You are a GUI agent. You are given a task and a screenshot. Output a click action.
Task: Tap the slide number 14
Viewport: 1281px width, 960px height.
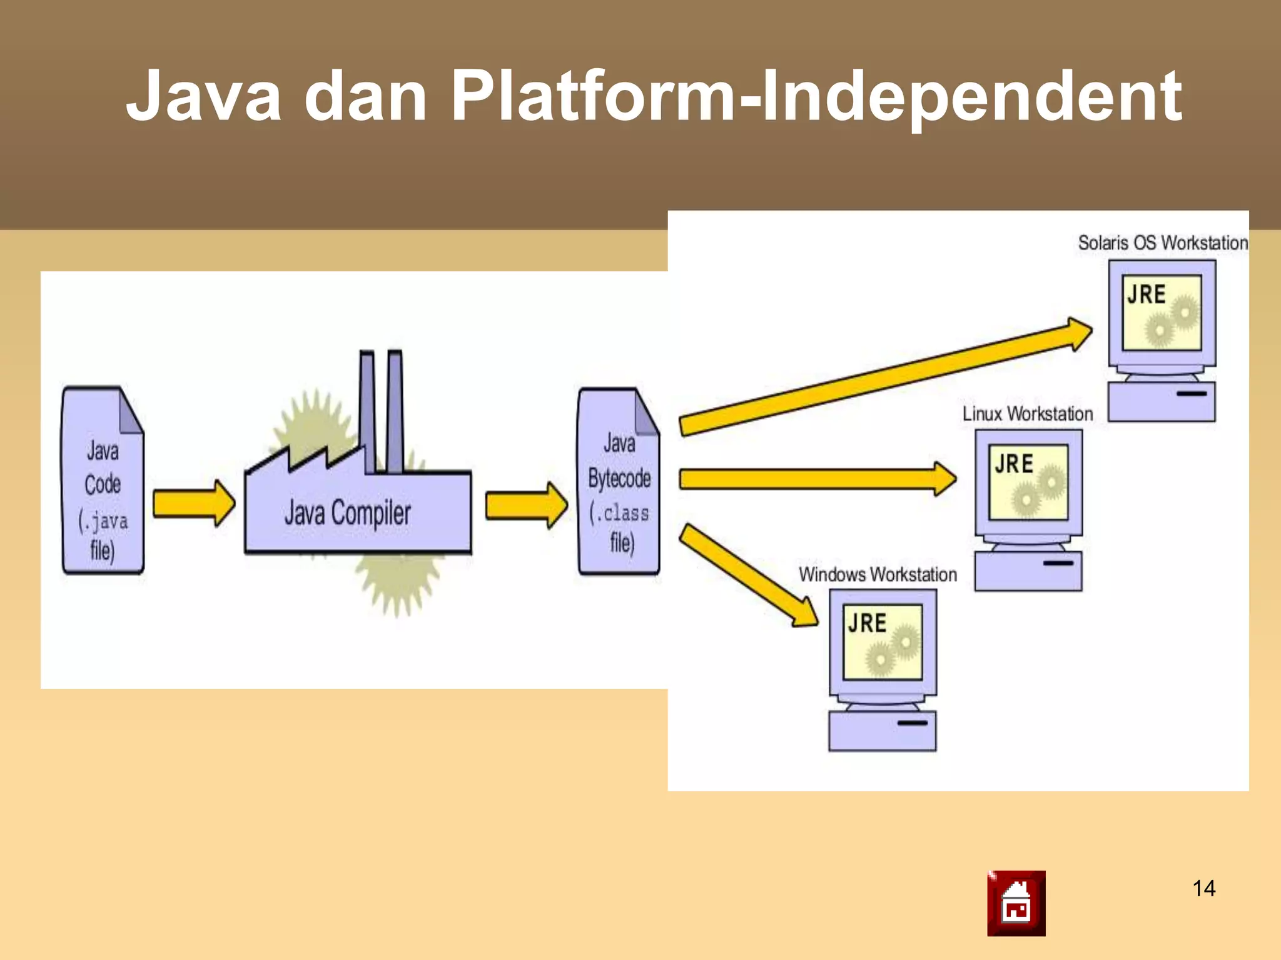[1203, 888]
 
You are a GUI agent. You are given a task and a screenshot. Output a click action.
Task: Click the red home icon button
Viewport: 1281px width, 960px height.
[1016, 903]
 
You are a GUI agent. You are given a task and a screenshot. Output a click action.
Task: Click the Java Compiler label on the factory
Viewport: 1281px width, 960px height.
[347, 513]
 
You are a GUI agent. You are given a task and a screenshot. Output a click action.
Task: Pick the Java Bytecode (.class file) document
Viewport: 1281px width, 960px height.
[619, 481]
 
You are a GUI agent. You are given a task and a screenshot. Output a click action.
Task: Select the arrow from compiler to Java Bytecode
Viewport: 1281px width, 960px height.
[526, 504]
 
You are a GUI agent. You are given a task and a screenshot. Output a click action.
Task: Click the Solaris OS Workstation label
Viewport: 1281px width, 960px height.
[1162, 242]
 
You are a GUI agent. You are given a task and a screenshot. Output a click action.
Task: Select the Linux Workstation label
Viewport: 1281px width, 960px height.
[1027, 414]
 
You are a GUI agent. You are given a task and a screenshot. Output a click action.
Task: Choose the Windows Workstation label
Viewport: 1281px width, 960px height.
[878, 574]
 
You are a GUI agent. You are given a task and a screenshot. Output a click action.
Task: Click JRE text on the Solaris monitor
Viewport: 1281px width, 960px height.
[1146, 294]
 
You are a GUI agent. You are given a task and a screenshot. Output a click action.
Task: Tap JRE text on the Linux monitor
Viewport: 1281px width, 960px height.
[1013, 464]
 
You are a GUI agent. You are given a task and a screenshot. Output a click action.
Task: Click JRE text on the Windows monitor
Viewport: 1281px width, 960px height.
[867, 623]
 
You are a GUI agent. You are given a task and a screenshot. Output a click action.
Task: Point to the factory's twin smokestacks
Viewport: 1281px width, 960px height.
[381, 412]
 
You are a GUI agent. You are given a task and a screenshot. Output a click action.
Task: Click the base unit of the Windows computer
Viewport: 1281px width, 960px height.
[882, 731]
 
